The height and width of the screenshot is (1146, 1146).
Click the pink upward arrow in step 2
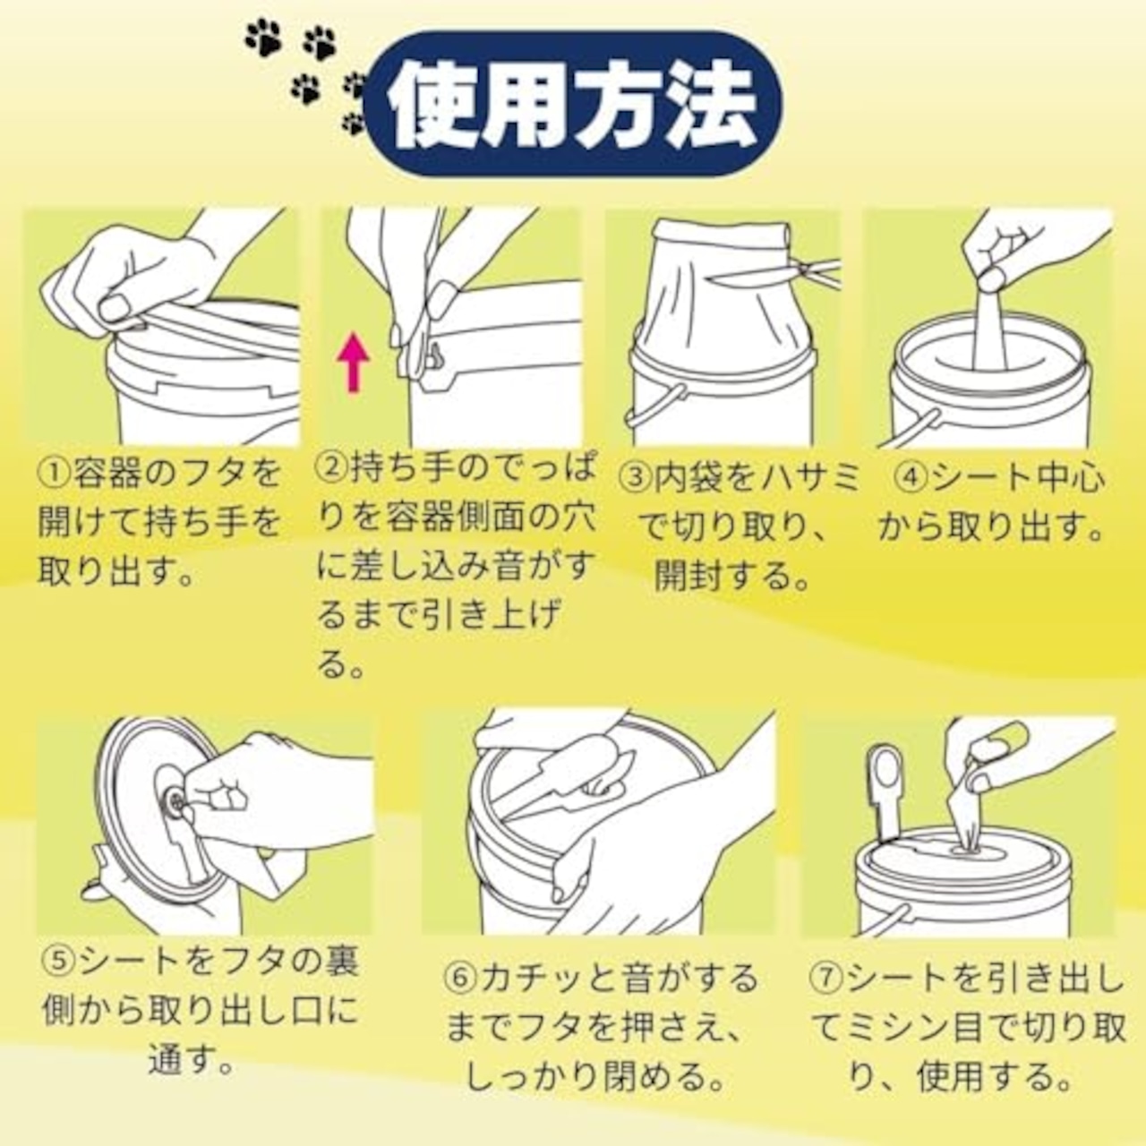pos(354,363)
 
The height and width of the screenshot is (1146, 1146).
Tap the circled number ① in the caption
pos(54,474)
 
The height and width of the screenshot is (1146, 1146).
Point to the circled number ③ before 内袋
pos(634,479)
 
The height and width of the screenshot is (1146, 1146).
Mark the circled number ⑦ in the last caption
pos(826,979)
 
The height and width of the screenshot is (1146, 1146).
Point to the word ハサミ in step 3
pos(805,479)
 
